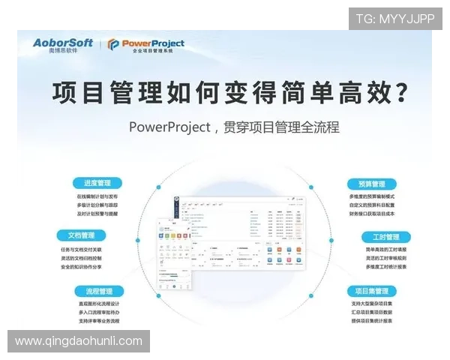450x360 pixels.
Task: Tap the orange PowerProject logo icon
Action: pyautogui.click(x=113, y=45)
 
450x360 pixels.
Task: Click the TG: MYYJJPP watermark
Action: pyautogui.click(x=394, y=19)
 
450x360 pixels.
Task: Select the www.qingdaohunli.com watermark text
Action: pyautogui.click(x=78, y=341)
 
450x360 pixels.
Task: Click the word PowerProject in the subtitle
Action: pyautogui.click(x=169, y=127)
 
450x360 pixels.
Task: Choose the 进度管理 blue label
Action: pyautogui.click(x=98, y=182)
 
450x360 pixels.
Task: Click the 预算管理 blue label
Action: pyautogui.click(x=367, y=184)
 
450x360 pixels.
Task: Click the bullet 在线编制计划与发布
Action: pyautogui.click(x=97, y=196)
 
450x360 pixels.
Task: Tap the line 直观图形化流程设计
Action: pyautogui.click(x=99, y=304)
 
